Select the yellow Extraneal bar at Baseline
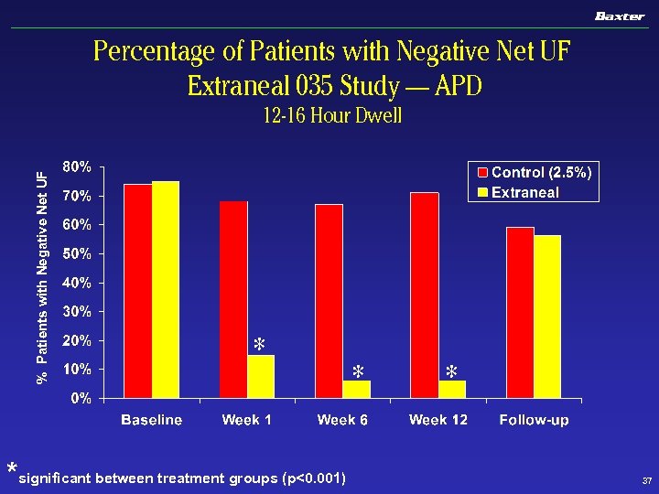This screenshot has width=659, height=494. click(166, 289)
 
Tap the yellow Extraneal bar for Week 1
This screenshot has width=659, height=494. click(261, 376)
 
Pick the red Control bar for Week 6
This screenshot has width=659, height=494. click(329, 301)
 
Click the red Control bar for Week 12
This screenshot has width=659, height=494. click(425, 295)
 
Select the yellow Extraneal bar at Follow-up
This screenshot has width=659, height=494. click(547, 317)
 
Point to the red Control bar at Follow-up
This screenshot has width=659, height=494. click(520, 312)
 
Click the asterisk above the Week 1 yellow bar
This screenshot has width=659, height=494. click(259, 345)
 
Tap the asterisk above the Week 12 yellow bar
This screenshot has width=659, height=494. click(451, 372)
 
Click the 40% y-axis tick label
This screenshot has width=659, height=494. click(77, 283)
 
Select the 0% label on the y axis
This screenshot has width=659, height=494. click(81, 398)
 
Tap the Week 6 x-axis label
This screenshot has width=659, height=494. click(342, 420)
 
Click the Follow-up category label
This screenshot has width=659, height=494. click(534, 420)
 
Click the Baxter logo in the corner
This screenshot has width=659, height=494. click(620, 16)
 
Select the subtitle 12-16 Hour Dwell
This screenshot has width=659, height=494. click(331, 116)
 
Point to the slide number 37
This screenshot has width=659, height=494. click(646, 479)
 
